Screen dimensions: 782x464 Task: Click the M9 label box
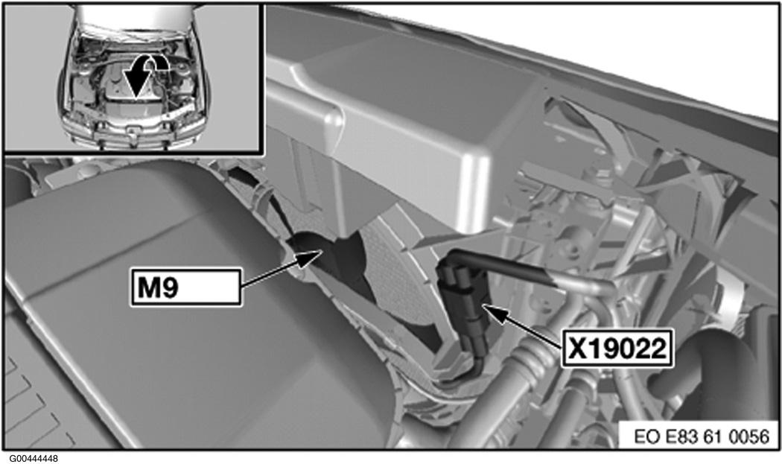click(186, 287)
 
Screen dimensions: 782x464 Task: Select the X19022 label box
click(617, 348)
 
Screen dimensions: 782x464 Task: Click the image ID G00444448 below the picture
click(34, 458)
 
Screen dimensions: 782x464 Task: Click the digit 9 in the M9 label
click(170, 287)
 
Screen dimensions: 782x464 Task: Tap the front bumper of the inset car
click(132, 134)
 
